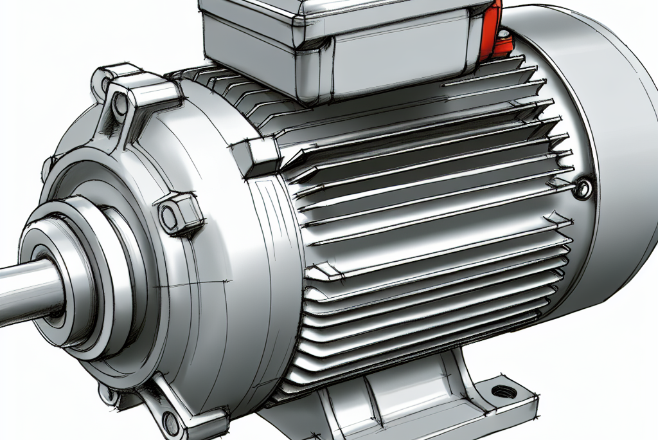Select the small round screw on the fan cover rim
click(582, 188)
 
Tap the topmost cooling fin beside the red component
click(514, 65)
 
